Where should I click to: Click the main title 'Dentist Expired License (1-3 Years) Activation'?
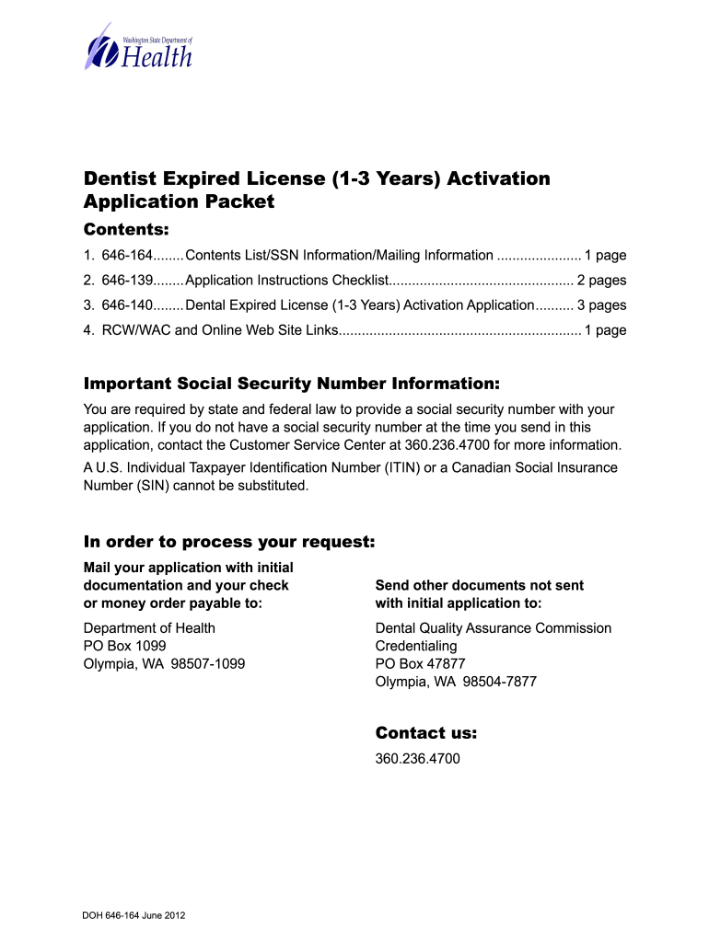coord(317,178)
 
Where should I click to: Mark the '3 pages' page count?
coord(601,305)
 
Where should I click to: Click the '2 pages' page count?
coord(601,281)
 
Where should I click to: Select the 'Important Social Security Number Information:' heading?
coord(292,383)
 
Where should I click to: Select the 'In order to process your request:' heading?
coord(229,542)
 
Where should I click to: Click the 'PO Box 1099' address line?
coord(124,646)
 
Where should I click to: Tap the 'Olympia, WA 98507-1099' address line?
coord(164,663)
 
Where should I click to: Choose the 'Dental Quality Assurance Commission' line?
coord(493,628)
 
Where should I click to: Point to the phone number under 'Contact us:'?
coord(417,760)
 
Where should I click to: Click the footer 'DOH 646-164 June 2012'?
coord(134,915)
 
